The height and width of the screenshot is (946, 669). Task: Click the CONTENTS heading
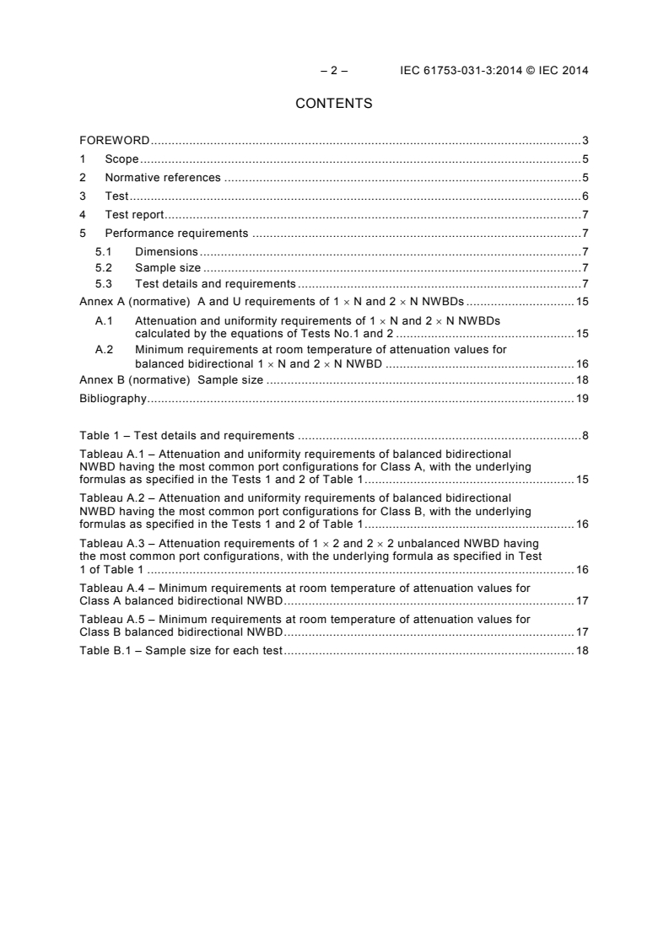(x=334, y=105)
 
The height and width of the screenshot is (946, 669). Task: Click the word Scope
(x=121, y=159)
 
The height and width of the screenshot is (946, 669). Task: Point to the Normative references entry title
(x=162, y=177)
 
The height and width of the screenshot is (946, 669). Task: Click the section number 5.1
(x=103, y=251)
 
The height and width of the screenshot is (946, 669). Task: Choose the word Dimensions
(x=166, y=251)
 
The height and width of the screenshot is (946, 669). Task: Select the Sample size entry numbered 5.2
(x=168, y=267)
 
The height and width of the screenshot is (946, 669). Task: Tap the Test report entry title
(x=134, y=214)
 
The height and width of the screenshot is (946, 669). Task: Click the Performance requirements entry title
(x=176, y=233)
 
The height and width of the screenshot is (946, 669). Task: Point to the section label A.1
(x=104, y=320)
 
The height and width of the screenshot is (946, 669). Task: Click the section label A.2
(x=104, y=348)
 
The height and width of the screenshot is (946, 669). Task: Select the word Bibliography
(x=112, y=398)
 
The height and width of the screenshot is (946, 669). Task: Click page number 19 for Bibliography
(x=582, y=398)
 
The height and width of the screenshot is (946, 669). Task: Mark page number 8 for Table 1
(x=585, y=436)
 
